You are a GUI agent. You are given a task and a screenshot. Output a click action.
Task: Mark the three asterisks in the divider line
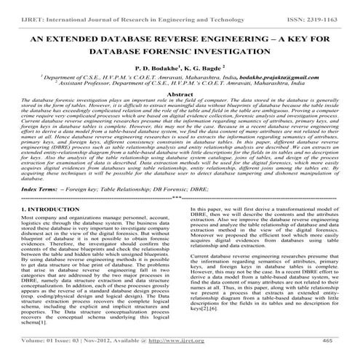click(x=177, y=197)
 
